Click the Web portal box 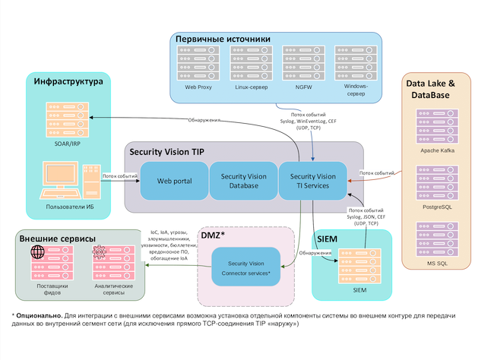[x=174, y=182]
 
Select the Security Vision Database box [x=244, y=182]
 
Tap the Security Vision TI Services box [x=312, y=182]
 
